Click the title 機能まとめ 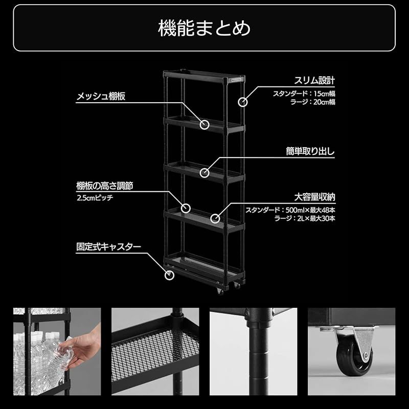click(204, 28)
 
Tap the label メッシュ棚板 click(101, 96)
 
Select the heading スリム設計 click(314, 81)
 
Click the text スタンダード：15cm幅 click(304, 94)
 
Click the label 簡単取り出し click(310, 152)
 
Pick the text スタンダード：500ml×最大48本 click(290, 210)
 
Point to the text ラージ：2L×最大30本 click(305, 218)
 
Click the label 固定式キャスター click(108, 246)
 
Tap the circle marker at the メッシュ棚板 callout click(205, 124)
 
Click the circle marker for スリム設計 click(242, 102)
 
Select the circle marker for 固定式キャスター click(169, 275)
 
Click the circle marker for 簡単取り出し click(205, 173)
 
